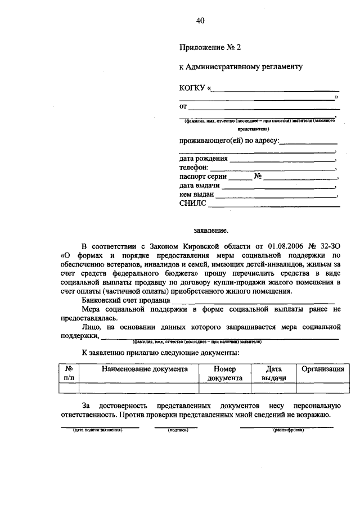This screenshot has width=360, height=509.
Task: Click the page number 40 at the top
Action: (200, 21)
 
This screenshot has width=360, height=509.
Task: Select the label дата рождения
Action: (204, 159)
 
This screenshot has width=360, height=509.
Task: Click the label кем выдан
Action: (196, 194)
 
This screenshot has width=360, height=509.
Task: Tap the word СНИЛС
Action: (192, 204)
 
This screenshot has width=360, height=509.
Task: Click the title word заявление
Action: (211, 230)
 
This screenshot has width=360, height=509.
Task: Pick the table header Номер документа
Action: (224, 374)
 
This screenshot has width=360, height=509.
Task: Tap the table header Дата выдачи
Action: (273, 374)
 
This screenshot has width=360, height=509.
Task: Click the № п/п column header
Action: (69, 374)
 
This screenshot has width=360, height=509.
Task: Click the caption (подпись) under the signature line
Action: (178, 430)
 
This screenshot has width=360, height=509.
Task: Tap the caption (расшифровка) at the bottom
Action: (288, 430)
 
